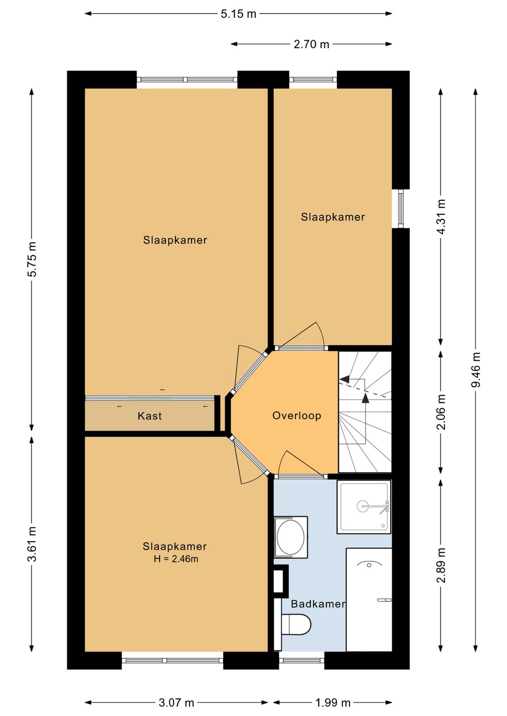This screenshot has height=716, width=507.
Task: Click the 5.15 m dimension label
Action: [238, 14]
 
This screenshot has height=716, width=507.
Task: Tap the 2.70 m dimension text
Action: [311, 44]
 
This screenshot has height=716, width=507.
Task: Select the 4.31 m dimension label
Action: [441, 217]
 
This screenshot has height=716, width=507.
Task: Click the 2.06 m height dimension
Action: [441, 411]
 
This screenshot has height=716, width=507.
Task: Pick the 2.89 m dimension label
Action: [441, 565]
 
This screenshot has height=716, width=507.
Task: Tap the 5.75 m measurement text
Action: [32, 259]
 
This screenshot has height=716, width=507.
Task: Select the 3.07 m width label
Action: [176, 702]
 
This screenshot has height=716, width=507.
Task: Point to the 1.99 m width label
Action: [333, 702]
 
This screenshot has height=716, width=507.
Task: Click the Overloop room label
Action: [297, 416]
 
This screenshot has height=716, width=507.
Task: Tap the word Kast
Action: [150, 416]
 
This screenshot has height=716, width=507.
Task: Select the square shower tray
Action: [364, 507]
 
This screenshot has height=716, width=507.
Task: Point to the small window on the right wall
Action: [401, 209]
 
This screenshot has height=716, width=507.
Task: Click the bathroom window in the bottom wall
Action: [302, 660]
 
